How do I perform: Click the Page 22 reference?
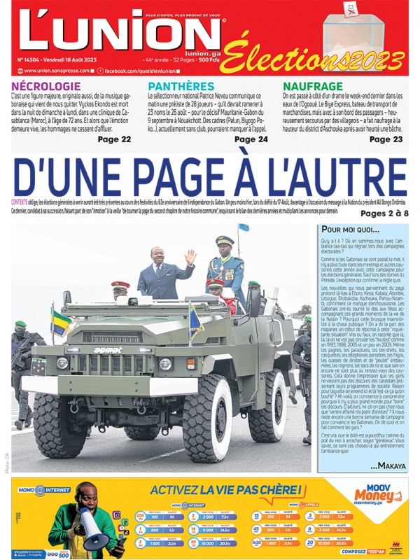(x=114, y=139)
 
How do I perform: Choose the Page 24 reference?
(x=251, y=139)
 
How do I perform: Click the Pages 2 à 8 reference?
(x=384, y=213)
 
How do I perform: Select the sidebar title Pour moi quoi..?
(x=349, y=230)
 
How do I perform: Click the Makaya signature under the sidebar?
(x=388, y=465)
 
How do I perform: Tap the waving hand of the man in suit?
(x=190, y=258)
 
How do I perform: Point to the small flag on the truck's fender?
(x=60, y=323)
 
